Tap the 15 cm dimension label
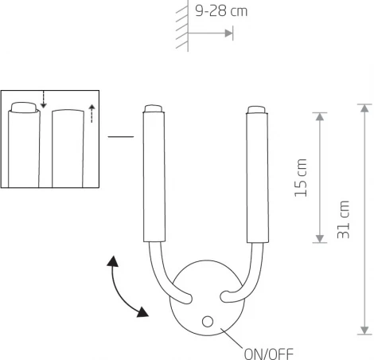(300, 178)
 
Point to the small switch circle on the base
(208, 321)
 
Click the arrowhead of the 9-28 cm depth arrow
(229, 33)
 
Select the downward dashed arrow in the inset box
(45, 100)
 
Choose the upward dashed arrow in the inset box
(92, 113)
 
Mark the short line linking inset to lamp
(120, 138)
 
